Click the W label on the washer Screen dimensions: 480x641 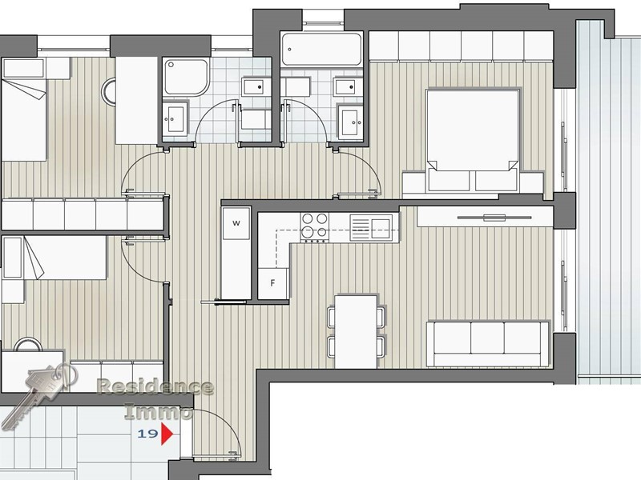236,222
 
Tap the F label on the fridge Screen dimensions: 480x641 272,282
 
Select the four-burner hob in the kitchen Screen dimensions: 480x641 313,226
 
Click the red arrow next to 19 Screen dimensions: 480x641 167,434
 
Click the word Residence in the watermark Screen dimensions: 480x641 155,388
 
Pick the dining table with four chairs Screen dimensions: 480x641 356,330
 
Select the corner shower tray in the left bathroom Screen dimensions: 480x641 186,77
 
